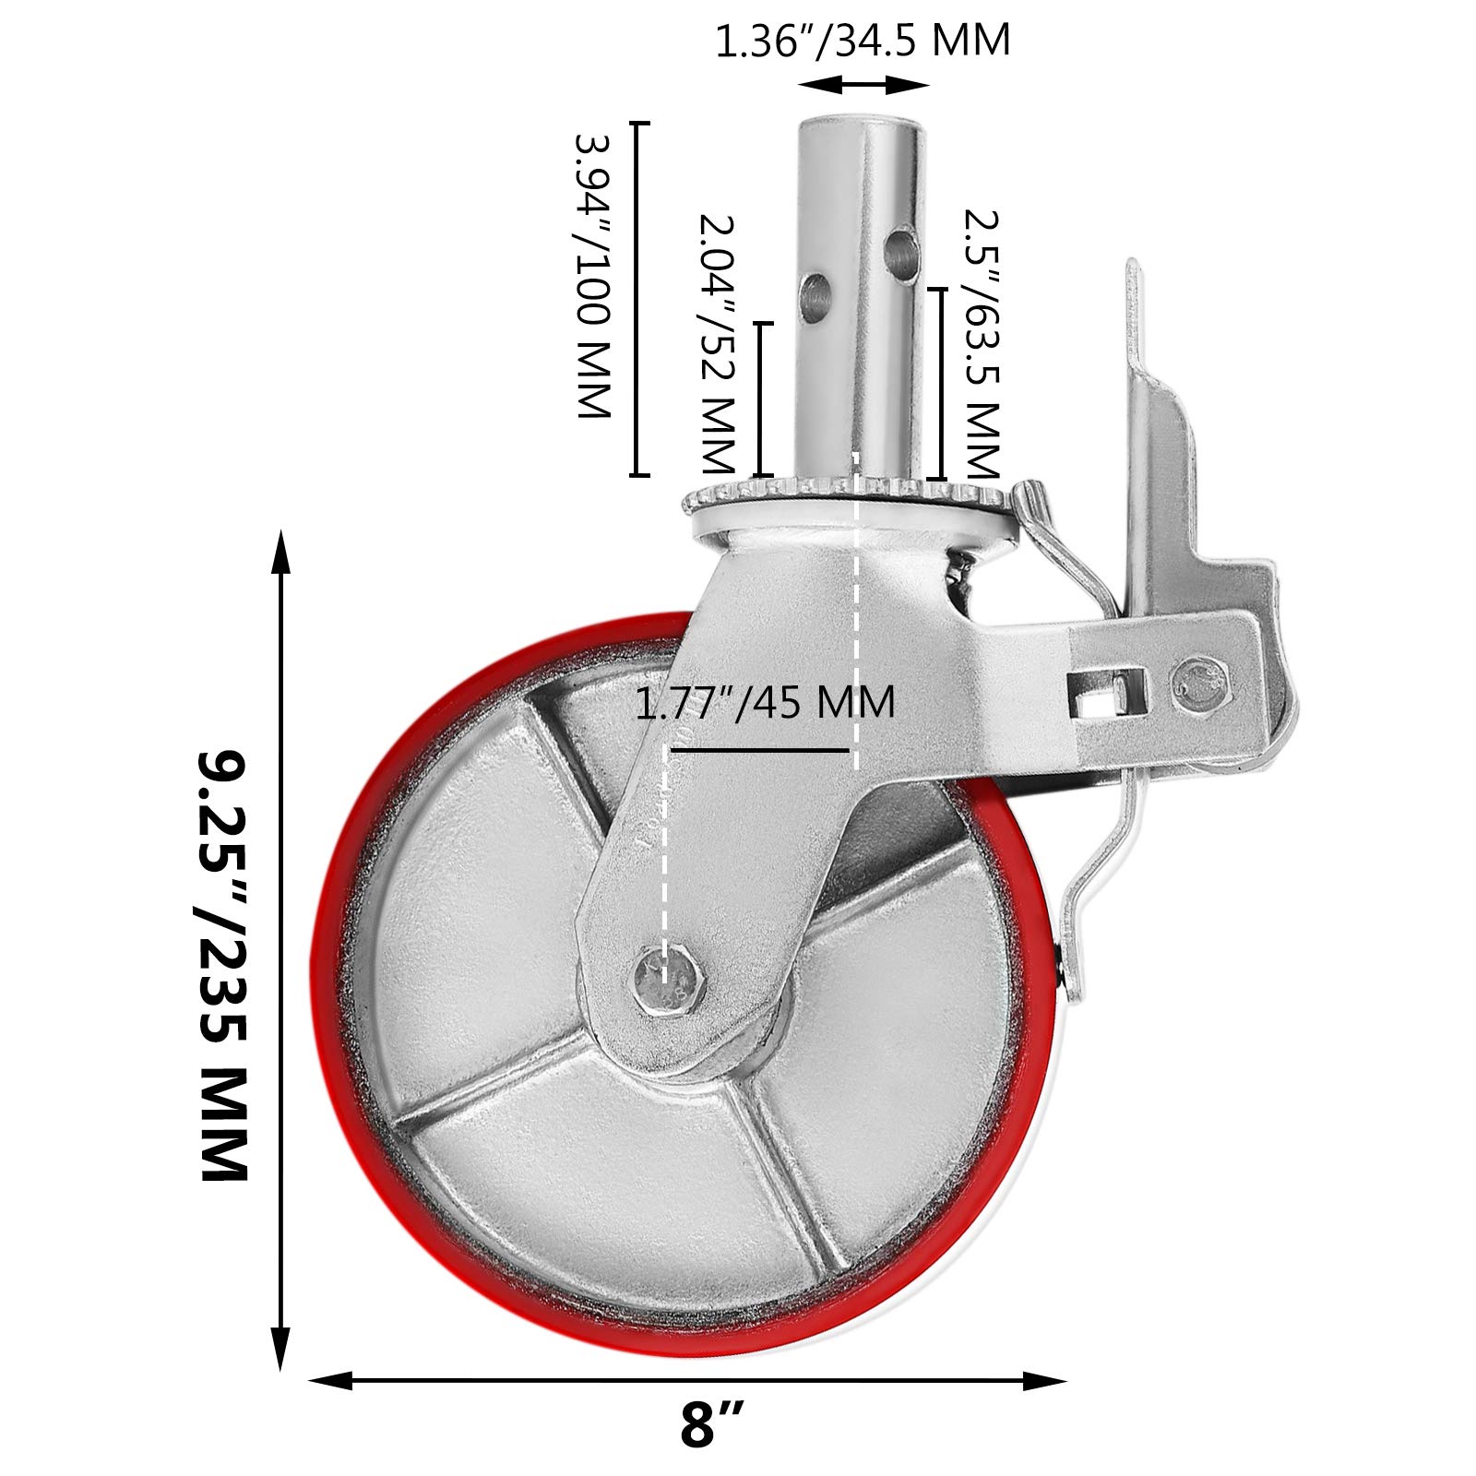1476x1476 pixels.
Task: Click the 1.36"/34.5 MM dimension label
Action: click(x=863, y=40)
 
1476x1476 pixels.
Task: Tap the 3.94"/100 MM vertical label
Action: click(x=593, y=277)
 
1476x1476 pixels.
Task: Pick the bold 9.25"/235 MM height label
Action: click(x=224, y=964)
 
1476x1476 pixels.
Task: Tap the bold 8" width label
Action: click(x=712, y=1449)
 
